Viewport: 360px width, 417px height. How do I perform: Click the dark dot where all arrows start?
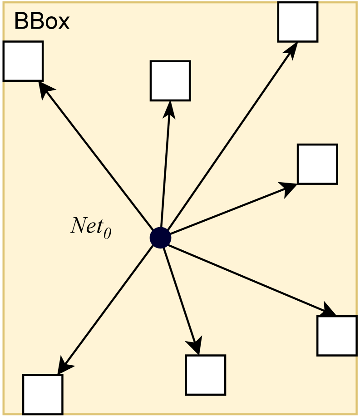(160, 238)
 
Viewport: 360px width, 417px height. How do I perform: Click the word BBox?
(42, 21)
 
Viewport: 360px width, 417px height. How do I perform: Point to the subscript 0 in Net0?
(107, 233)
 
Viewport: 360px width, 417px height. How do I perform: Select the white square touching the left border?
(23, 61)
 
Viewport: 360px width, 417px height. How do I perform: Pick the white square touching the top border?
(298, 22)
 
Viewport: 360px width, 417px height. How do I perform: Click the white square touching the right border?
(336, 335)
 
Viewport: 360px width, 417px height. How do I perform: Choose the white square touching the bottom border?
(43, 394)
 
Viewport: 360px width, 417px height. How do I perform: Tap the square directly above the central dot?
(170, 80)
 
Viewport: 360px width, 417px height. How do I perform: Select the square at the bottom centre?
(205, 375)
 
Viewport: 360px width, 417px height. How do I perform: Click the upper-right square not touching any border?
(317, 164)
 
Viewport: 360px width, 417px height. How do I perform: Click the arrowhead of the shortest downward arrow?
(196, 346)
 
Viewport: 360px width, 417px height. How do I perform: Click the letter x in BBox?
(64, 21)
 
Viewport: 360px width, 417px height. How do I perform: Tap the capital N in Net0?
(77, 226)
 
